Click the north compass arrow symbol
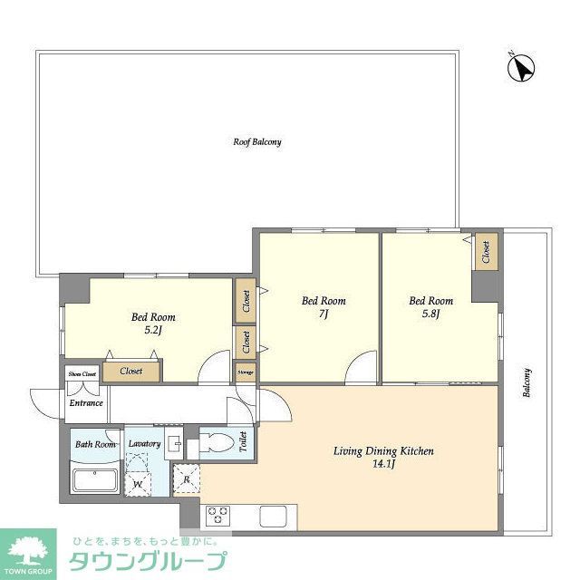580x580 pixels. pos(521,67)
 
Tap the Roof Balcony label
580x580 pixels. pos(256,142)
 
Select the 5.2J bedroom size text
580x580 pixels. pos(152,331)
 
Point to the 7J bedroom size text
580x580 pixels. pos(323,314)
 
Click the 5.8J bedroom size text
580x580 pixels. pos(430,314)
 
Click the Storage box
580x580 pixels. pos(245,372)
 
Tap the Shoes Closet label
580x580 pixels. pos(82,373)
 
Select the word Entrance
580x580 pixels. pos(87,403)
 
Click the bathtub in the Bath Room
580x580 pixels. pos(94,480)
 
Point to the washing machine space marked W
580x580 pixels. pos(138,483)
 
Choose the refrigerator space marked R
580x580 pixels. pos(187,479)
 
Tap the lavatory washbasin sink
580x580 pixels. pos(174,444)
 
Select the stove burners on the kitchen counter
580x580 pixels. pos(218,516)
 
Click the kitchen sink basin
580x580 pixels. pos(273,516)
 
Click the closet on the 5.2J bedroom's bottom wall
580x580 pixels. pos(131,371)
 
